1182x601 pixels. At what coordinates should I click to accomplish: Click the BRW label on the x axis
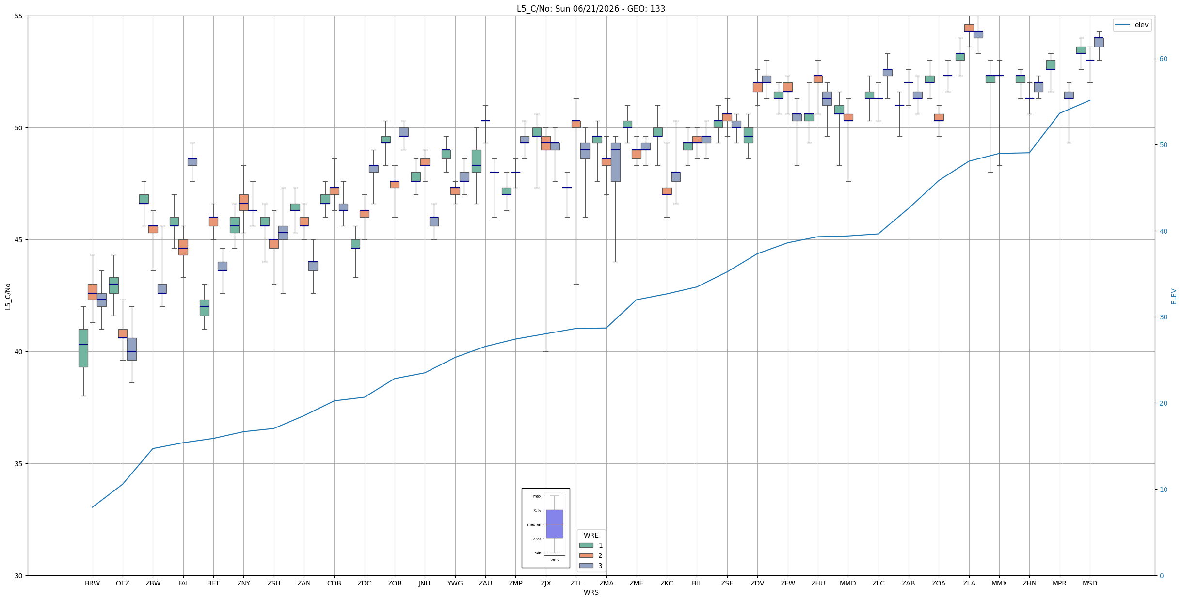[x=92, y=583]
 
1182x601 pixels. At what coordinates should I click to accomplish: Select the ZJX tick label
[x=545, y=583]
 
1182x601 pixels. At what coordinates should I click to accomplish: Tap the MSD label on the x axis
[x=1089, y=583]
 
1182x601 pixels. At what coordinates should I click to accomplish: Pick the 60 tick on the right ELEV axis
[x=1163, y=59]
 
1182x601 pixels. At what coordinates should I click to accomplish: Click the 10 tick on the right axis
[x=1163, y=490]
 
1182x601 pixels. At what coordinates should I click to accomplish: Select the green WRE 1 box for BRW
[x=83, y=348]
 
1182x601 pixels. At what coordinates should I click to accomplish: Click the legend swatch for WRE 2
[x=586, y=555]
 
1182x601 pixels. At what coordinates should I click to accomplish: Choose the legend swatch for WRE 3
[x=586, y=566]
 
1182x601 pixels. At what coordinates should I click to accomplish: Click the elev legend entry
[x=1132, y=25]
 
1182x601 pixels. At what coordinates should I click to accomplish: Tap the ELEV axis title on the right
[x=1174, y=296]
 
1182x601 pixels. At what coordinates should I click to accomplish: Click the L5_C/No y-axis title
[x=8, y=296]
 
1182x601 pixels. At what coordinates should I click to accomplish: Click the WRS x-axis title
[x=591, y=592]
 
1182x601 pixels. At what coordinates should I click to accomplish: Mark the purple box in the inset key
[x=554, y=524]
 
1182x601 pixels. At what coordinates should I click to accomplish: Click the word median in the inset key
[x=534, y=524]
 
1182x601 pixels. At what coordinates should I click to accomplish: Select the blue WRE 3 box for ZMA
[x=615, y=162]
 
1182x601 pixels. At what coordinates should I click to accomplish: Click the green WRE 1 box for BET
[x=204, y=307]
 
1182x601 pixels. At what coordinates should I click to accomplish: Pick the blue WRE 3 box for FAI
[x=192, y=161]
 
